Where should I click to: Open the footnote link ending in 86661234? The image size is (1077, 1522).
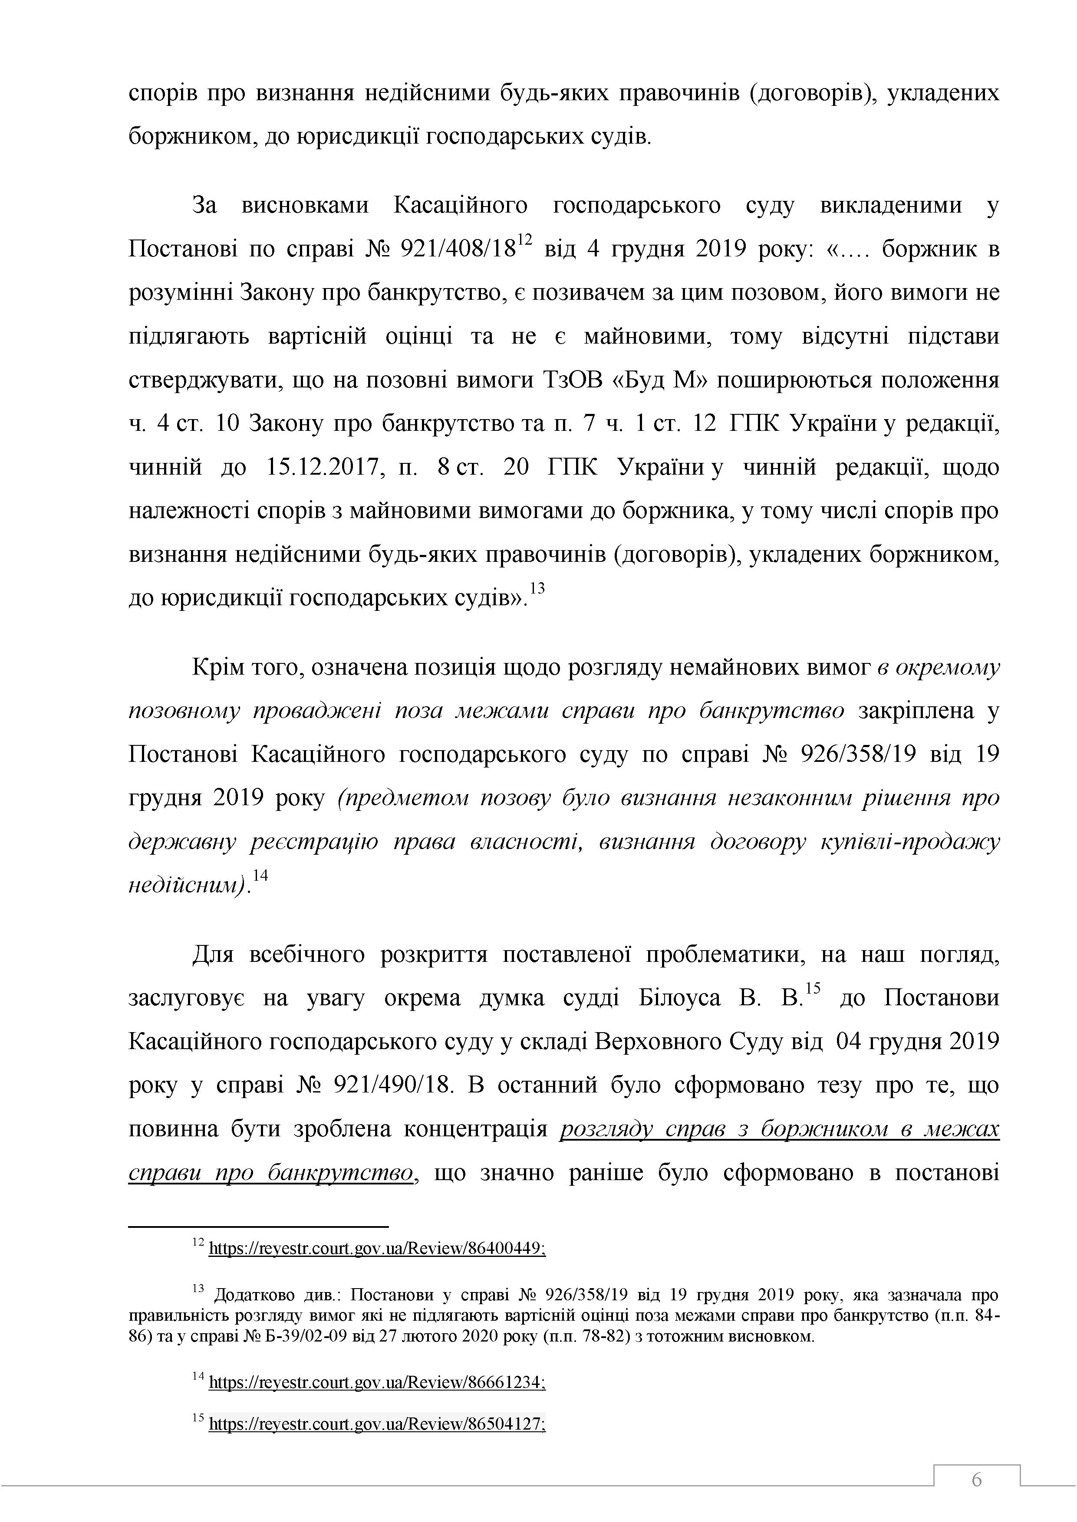pos(377,1380)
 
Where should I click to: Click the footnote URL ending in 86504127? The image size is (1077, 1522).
pos(377,1423)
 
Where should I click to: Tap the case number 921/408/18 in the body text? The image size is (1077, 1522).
pos(458,250)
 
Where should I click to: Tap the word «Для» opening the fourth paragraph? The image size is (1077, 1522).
pos(212,955)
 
